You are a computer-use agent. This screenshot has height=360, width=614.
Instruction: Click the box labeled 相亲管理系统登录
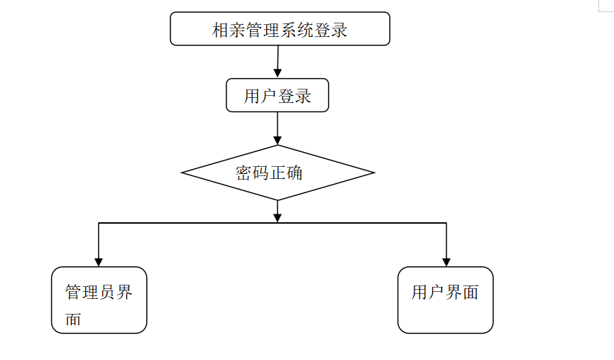280,29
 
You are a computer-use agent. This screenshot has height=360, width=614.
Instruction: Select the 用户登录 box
278,95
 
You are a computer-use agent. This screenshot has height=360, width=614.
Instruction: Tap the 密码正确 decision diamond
278,173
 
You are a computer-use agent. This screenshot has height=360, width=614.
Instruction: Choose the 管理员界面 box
99,300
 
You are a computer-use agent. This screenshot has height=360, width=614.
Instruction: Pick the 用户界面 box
445,300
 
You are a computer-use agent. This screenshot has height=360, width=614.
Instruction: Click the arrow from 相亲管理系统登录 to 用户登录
278,62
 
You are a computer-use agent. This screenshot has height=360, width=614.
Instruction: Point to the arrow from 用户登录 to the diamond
278,129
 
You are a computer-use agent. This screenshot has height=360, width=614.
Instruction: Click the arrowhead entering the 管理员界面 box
99,261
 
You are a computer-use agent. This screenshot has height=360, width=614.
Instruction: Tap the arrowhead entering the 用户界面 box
446,261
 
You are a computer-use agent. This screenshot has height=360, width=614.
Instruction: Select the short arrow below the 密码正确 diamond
278,212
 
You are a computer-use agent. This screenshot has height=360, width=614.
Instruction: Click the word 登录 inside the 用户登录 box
295,96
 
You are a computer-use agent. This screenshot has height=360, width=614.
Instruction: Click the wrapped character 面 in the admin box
74,320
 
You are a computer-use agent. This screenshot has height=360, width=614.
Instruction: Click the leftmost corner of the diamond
183,173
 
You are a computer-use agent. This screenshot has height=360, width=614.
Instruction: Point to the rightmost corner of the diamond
373,173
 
